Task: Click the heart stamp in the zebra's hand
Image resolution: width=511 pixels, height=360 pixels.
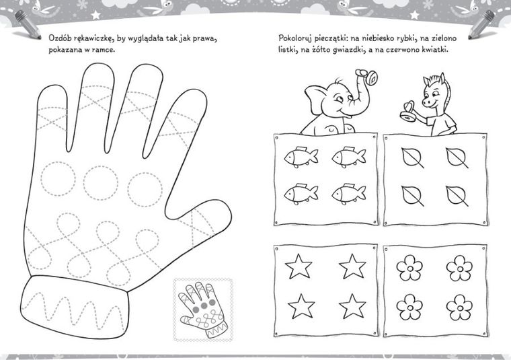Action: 409,112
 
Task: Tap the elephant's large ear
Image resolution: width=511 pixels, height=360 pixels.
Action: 317,100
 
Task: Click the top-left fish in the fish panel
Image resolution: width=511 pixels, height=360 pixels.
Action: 301,157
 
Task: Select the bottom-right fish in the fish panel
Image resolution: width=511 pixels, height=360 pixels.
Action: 349,194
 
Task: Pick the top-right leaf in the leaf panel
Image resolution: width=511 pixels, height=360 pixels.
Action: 457,158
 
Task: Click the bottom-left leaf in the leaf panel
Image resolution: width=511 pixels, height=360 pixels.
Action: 412,196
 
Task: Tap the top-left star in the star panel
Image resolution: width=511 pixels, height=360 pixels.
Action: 299,266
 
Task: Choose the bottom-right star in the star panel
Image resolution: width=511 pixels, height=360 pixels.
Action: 352,306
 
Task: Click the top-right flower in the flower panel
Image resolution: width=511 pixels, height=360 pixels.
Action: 459,268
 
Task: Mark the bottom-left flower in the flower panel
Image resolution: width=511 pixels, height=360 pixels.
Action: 409,307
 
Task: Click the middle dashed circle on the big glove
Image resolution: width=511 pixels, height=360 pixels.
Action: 101,182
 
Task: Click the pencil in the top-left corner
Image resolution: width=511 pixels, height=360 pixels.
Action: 27,24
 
